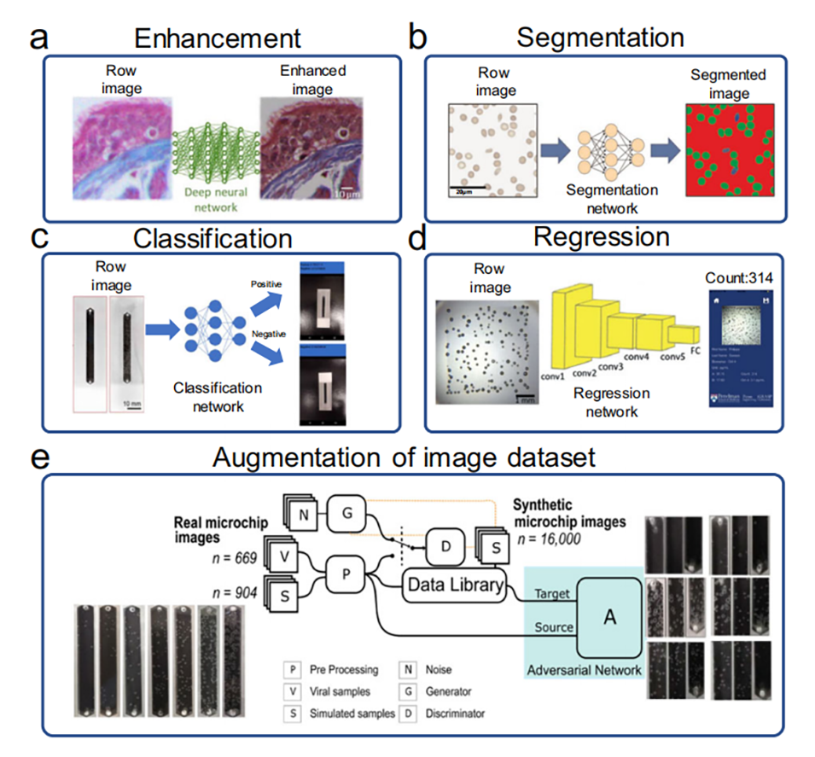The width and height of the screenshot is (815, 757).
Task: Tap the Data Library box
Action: click(x=453, y=585)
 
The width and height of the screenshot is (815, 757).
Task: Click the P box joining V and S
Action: click(x=346, y=573)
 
